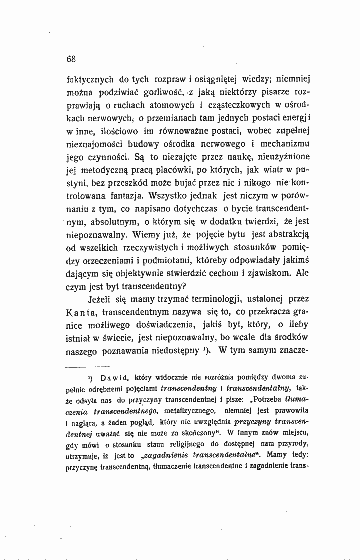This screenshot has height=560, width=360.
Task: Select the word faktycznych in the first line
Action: [91, 79]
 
